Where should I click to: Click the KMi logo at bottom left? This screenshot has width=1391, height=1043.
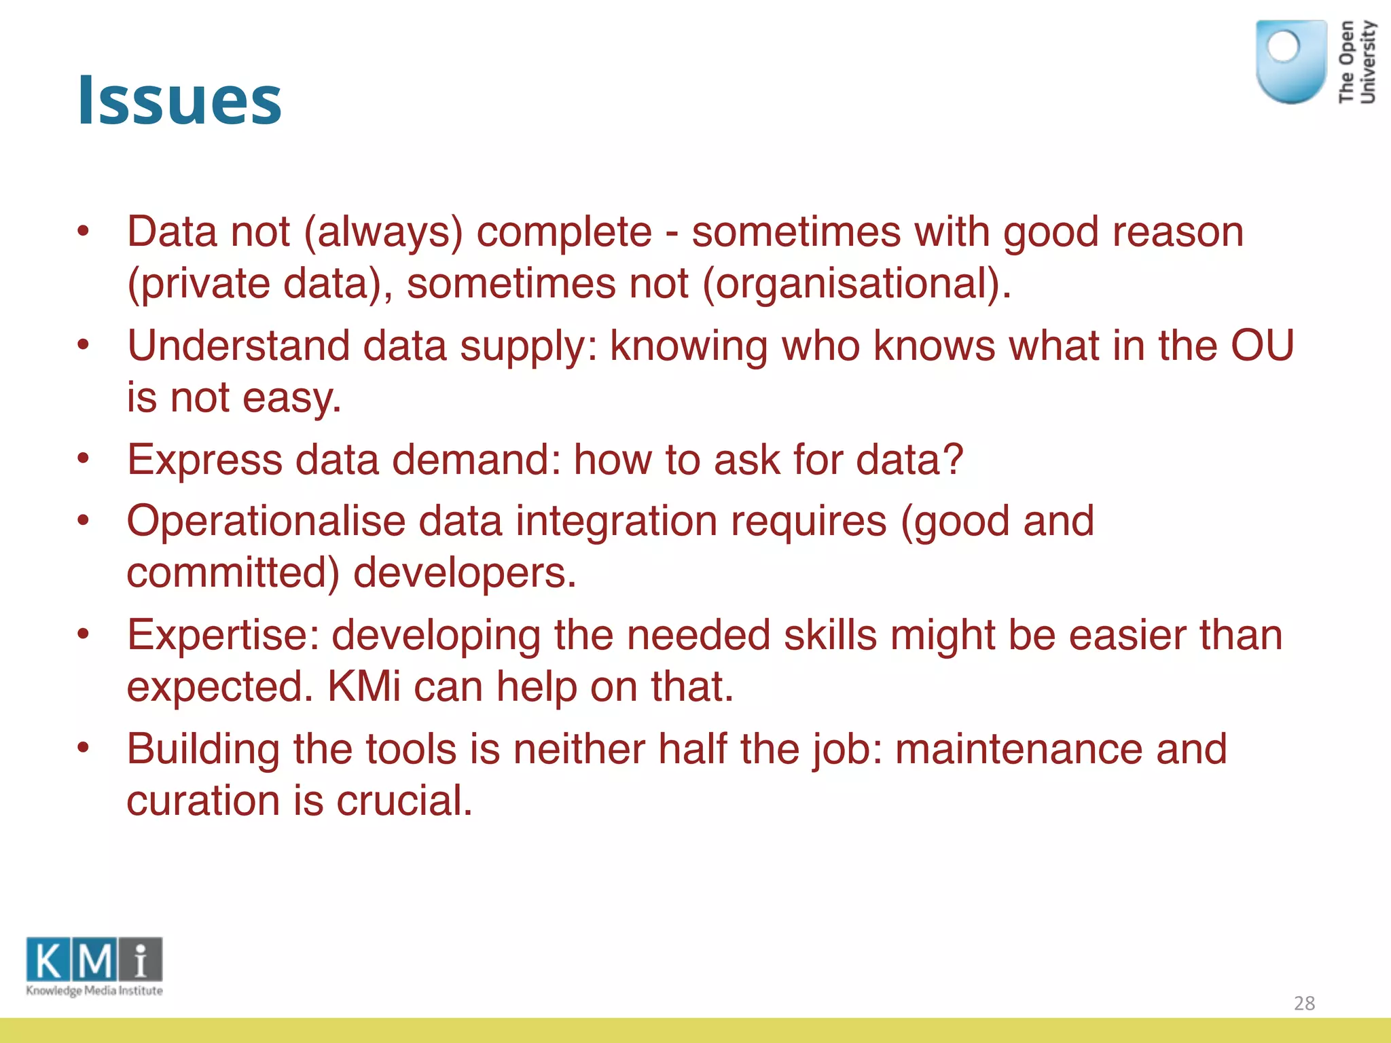[94, 966]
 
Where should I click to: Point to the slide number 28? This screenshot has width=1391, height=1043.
[1304, 1003]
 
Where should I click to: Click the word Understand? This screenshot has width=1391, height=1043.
[238, 346]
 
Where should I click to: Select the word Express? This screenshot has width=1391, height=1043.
[204, 460]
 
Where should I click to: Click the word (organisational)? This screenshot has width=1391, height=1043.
[857, 283]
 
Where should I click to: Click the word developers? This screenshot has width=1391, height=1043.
[465, 573]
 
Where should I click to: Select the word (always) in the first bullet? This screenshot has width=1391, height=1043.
[383, 232]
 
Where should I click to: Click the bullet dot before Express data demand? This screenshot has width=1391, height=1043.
[83, 459]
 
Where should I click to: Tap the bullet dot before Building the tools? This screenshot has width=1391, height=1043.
[83, 748]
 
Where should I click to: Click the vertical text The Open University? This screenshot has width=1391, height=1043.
[1357, 62]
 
